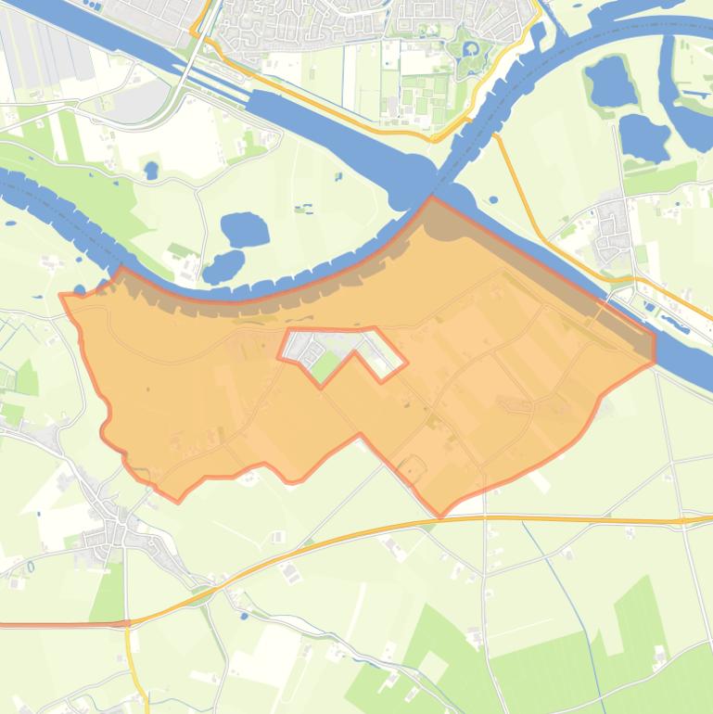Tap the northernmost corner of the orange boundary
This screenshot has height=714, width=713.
pos(431,197)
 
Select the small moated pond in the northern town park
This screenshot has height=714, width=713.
pos(469,47)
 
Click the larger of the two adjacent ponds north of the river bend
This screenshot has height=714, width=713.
pos(244,229)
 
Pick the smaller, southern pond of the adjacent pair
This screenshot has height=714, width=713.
pos(223,267)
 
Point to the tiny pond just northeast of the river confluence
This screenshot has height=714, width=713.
pos(492,198)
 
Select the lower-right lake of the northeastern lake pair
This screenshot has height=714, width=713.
pos(643,137)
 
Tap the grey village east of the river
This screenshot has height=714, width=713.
pos(612,225)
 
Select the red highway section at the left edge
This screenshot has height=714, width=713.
pos(56,625)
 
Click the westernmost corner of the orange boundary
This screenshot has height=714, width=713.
pos(61,296)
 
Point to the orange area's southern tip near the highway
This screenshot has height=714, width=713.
pos(441,515)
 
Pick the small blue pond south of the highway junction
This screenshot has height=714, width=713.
pos(244,615)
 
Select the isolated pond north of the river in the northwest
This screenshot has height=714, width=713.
pos(151,171)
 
